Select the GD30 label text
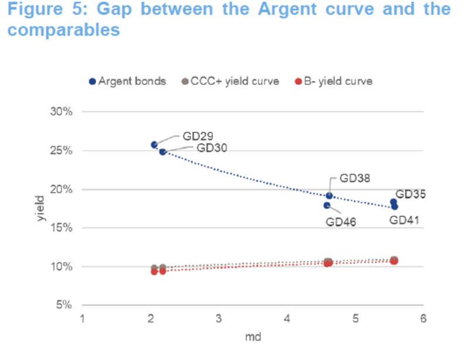coord(212,148)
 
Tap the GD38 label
coord(355,178)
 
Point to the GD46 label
coord(341,222)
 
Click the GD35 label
coord(410,194)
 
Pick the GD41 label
coord(405,220)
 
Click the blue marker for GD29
coord(154,145)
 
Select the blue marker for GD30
coord(162,152)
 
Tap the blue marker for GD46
coord(327,205)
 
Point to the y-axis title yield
coord(40,208)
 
